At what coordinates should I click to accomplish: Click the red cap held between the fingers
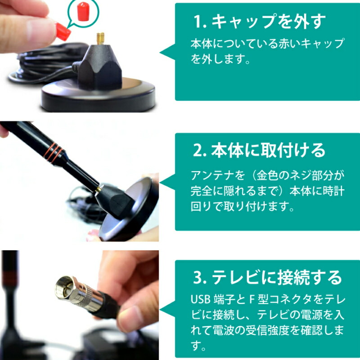[x=63, y=31]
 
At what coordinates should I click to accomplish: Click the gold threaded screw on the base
[x=100, y=38]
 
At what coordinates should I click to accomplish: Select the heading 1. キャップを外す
[x=260, y=21]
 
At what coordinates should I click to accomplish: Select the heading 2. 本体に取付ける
[x=259, y=150]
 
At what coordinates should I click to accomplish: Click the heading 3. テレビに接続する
[x=267, y=277]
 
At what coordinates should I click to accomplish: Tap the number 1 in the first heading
[x=198, y=22]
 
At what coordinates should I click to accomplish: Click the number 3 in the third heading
[x=198, y=278]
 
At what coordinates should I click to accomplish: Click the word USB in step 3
[x=200, y=299]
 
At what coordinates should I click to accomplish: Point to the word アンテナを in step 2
[x=217, y=175]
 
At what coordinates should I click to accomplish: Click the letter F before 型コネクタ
[x=252, y=299]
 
